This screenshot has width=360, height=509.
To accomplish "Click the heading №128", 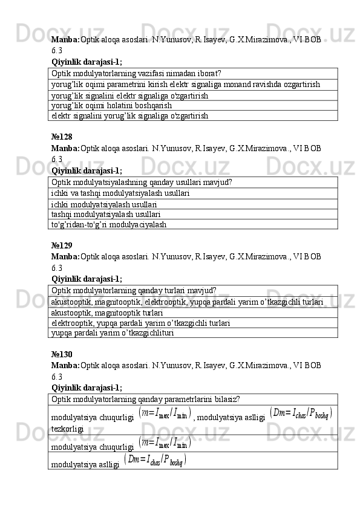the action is click(62, 137).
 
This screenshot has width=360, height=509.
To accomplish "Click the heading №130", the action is click(62, 354).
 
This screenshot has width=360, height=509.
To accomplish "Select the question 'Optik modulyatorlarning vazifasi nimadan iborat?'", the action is click(136, 73).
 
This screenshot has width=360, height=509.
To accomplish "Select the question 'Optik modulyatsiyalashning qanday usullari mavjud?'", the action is click(143, 182).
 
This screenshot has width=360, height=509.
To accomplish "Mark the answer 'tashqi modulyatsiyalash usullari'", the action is click(106, 214).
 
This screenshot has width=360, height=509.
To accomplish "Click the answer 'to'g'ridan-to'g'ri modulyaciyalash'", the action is click(109, 224).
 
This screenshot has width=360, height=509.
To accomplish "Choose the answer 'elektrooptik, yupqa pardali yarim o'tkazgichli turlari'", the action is click(140, 323).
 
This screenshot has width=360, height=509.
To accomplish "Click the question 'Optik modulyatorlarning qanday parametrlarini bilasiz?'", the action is click(146, 399).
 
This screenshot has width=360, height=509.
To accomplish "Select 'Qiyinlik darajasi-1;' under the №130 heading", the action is click(87, 387).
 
